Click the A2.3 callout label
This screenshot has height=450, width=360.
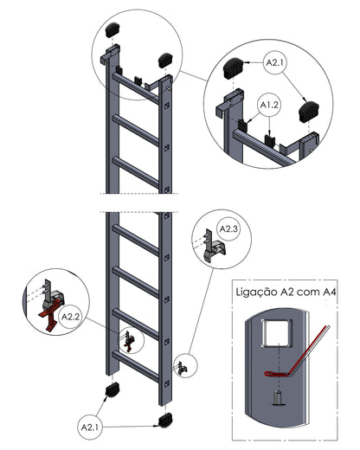pos(228,228)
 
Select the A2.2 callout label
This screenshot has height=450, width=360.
pos(71,317)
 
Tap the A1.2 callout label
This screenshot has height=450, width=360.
pos(269,105)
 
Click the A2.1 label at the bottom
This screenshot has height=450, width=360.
pos(90,427)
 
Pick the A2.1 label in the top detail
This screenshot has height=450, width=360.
pos(275,62)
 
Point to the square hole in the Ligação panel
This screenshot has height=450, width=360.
pos(277,332)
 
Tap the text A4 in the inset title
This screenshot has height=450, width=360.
pos(329,292)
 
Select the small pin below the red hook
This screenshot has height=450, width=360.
pos(279,398)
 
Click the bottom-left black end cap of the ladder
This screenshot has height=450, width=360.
pos(112,389)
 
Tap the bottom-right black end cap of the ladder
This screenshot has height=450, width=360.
pos(165,420)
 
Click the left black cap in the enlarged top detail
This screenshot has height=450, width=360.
pos(234,68)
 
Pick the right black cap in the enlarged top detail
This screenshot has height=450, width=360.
pos(308,111)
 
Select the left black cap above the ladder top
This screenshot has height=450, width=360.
pos(112,29)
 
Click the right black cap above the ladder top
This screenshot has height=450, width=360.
pos(165,61)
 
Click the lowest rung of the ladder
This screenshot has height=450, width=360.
pos(136,366)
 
